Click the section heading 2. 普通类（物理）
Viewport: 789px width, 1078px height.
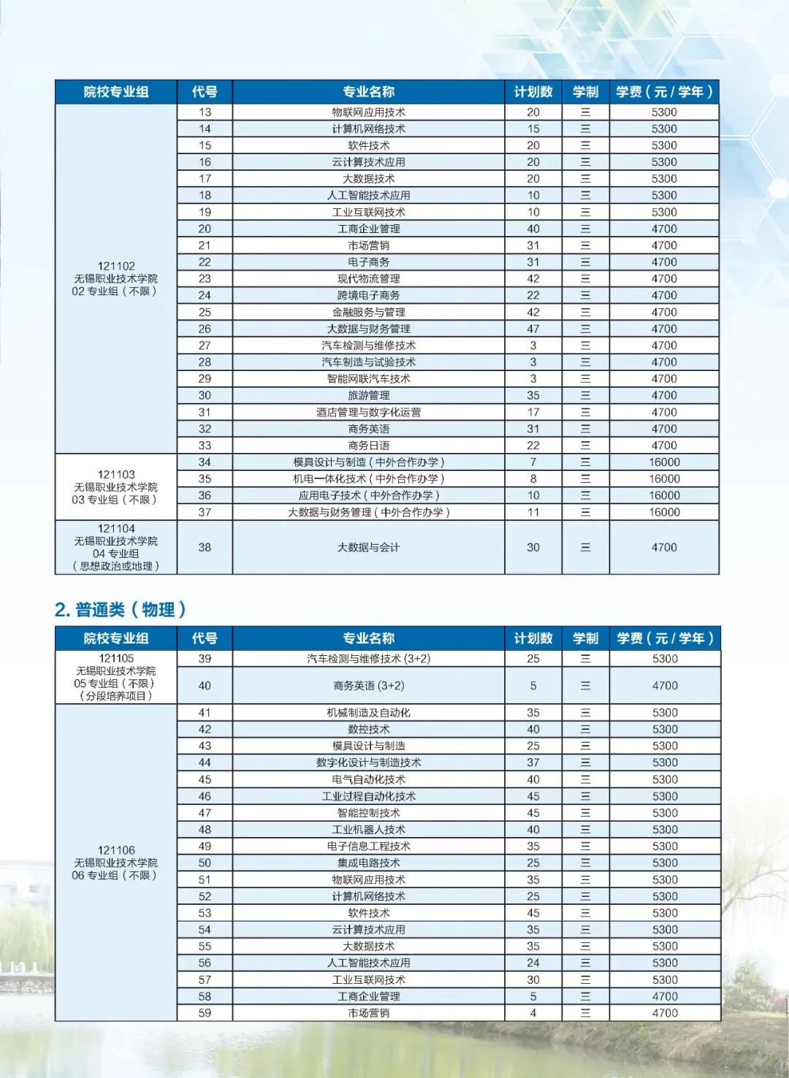pyautogui.click(x=121, y=609)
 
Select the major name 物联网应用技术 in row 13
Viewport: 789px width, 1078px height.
pyautogui.click(x=368, y=112)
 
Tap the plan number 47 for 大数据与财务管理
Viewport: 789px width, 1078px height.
pyautogui.click(x=533, y=329)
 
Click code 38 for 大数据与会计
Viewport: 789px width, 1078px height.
pyautogui.click(x=205, y=547)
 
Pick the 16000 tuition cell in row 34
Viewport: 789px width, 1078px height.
pyautogui.click(x=664, y=462)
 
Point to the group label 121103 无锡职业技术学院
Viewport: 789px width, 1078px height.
pyautogui.click(x=115, y=486)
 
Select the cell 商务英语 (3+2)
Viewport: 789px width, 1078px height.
pyautogui.click(x=368, y=686)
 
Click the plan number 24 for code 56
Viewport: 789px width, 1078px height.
pyautogui.click(x=533, y=963)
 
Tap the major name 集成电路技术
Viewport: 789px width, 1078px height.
pyautogui.click(x=368, y=863)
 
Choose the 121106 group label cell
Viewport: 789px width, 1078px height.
pyautogui.click(x=115, y=863)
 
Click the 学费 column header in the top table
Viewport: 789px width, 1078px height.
pyautogui.click(x=664, y=91)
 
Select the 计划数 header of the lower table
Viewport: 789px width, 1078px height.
pyautogui.click(x=533, y=638)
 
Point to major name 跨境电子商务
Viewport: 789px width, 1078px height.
pyautogui.click(x=368, y=295)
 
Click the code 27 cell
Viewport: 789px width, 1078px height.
pyautogui.click(x=205, y=345)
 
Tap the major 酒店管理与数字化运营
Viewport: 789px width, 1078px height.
pyautogui.click(x=368, y=412)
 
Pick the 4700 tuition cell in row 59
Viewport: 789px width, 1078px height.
pyautogui.click(x=664, y=1013)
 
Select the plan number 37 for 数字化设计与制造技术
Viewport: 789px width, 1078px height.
pyautogui.click(x=533, y=762)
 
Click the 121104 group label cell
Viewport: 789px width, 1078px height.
pyautogui.click(x=115, y=547)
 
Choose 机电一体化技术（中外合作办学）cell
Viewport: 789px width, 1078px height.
pyautogui.click(x=368, y=478)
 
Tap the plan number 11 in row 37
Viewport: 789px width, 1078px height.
pyautogui.click(x=533, y=512)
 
